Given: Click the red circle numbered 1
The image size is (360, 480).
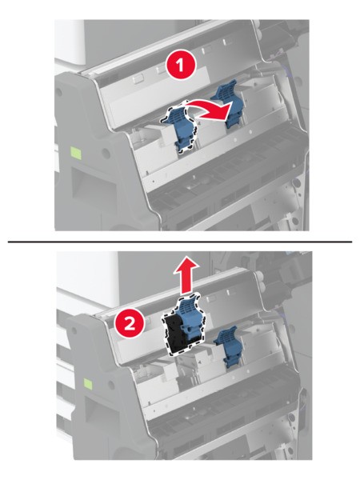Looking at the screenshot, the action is click(180, 66).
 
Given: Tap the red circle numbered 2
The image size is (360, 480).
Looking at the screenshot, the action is click(130, 324).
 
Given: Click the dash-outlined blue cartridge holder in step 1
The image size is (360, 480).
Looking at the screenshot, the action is click(180, 128).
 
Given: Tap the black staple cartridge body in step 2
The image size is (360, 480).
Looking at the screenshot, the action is click(174, 335).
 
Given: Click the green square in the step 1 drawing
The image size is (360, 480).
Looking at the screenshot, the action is click(76, 153).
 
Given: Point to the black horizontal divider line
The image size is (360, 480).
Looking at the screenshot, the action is click(180, 242).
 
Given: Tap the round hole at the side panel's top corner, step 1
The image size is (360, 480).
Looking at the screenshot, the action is click(58, 91).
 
